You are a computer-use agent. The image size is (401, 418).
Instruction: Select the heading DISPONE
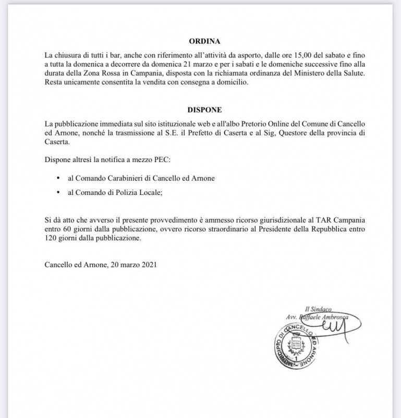click(x=205, y=110)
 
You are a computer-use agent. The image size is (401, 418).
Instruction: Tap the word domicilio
click(x=230, y=83)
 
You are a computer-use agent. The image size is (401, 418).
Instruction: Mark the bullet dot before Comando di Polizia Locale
click(x=58, y=193)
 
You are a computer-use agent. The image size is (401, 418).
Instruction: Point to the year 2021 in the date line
click(x=148, y=265)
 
